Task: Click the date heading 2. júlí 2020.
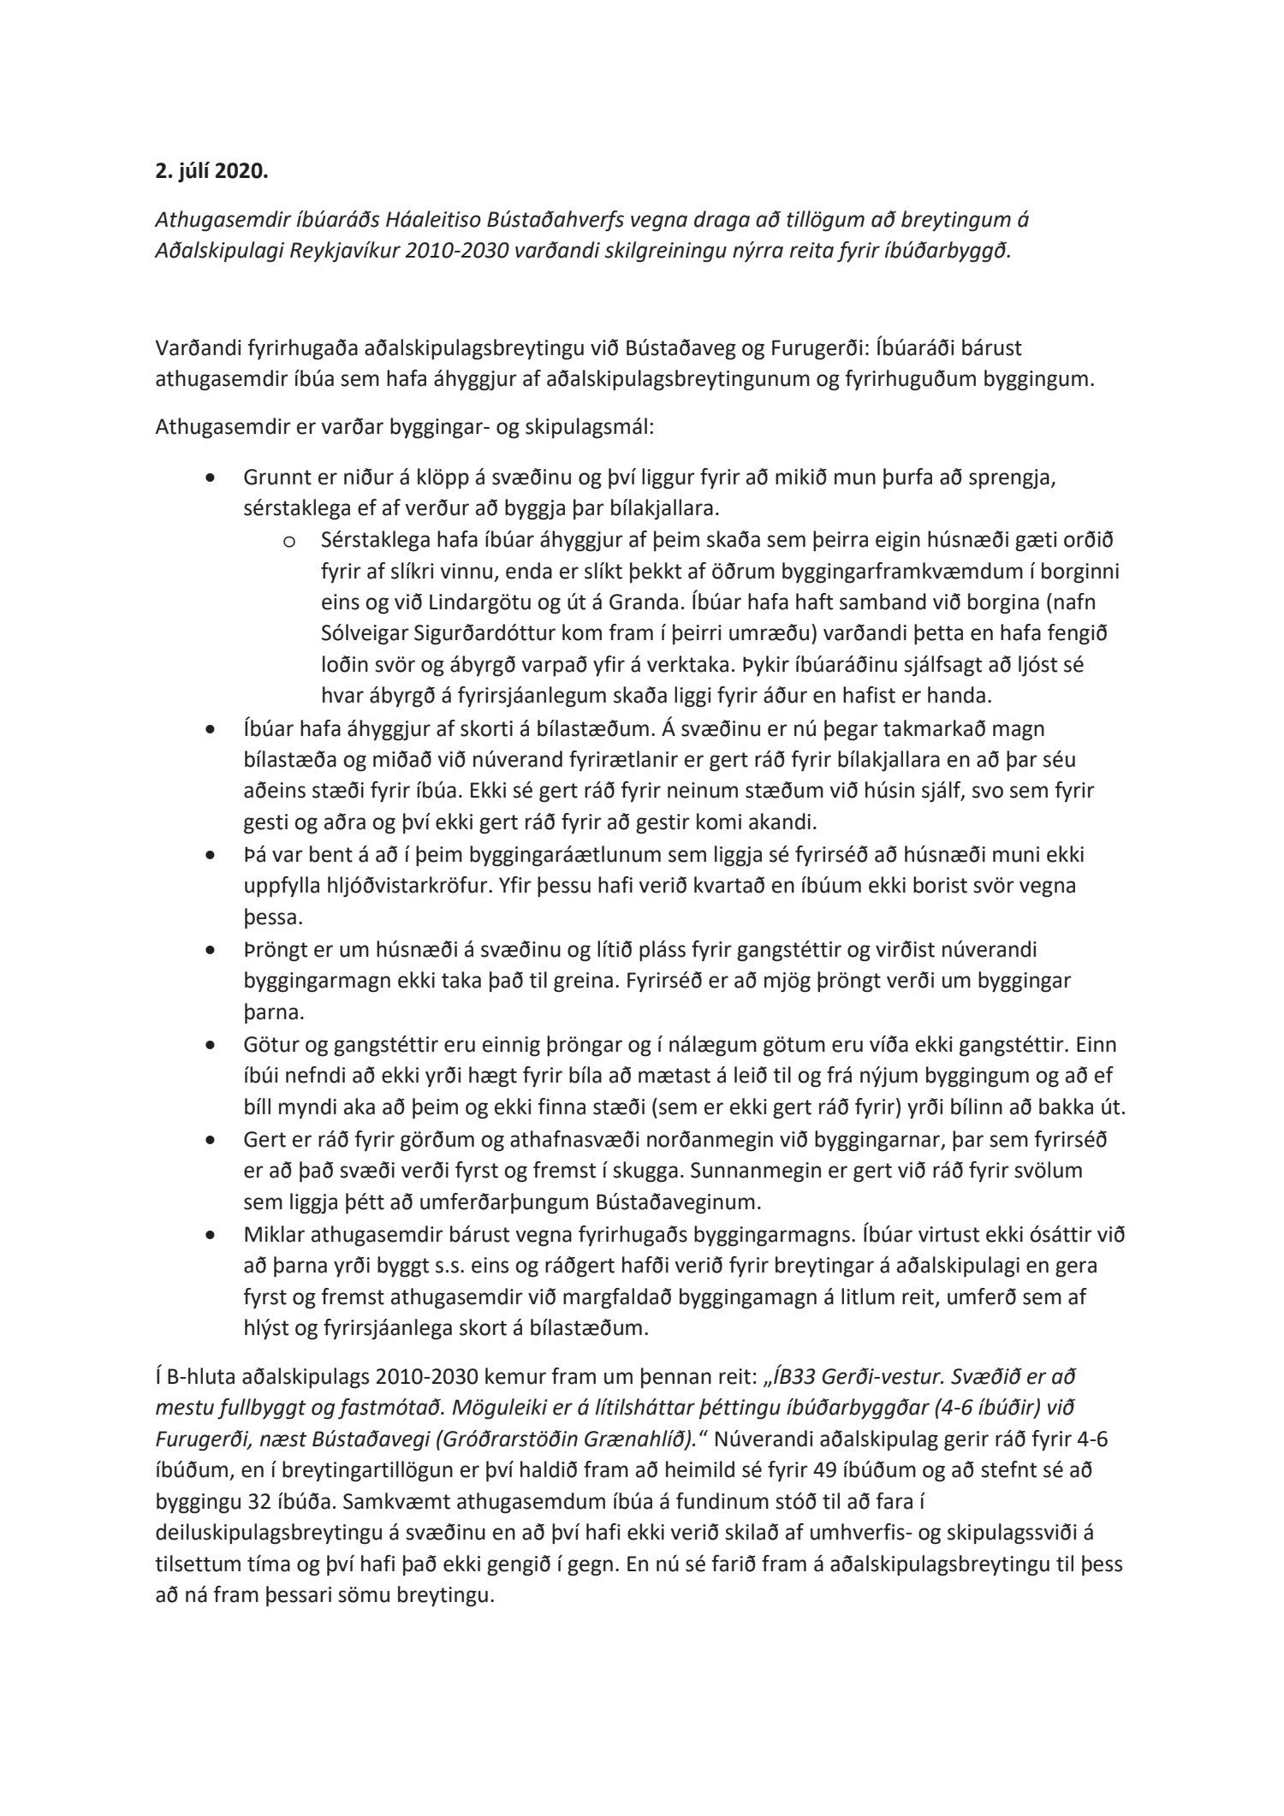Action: click(x=211, y=171)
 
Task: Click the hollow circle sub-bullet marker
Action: click(x=288, y=541)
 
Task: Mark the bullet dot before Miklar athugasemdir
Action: click(x=211, y=1236)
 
